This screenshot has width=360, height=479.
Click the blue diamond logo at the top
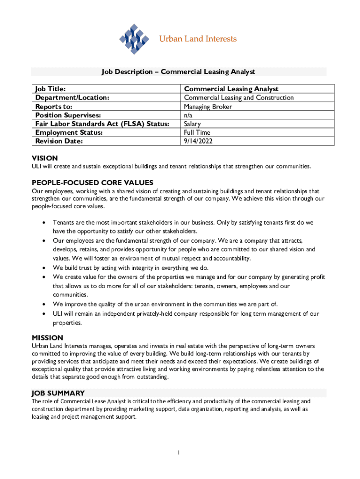point(134,39)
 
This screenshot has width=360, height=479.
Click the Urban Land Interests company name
point(198,39)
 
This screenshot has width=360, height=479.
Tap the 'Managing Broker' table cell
point(208,107)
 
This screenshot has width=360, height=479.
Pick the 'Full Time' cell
point(197,133)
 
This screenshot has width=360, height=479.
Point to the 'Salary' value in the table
point(192,124)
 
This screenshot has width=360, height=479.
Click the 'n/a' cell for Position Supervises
point(188,115)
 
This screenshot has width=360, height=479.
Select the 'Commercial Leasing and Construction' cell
point(238,98)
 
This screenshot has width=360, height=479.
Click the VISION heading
point(45,159)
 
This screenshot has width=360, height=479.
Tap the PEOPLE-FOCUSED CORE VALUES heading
point(93,182)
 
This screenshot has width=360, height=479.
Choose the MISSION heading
point(47,338)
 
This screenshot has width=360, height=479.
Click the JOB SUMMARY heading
point(58,393)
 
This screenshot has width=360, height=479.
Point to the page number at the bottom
point(179,452)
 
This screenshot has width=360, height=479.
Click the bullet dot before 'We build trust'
point(43,269)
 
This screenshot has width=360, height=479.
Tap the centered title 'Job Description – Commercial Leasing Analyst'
point(179,72)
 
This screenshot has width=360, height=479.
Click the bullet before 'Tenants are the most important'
point(43,223)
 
